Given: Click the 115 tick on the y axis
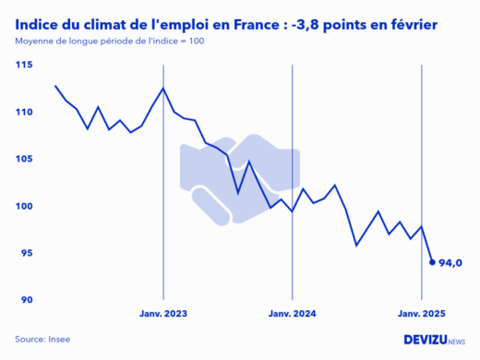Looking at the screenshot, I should pyautogui.click(x=25, y=65).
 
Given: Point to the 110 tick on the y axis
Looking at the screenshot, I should pyautogui.click(x=25, y=112).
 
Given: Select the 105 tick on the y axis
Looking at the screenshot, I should pyautogui.click(x=25, y=159).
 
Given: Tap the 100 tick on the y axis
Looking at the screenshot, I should pyautogui.click(x=25, y=206).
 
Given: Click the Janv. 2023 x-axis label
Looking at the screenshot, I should pyautogui.click(x=163, y=315).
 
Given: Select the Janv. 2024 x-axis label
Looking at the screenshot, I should pyautogui.click(x=293, y=315).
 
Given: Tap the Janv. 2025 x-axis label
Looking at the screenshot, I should pyautogui.click(x=422, y=315).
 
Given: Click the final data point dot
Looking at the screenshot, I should pyautogui.click(x=432, y=262).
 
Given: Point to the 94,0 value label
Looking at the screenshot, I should pyautogui.click(x=450, y=263).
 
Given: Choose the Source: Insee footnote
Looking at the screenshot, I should pyautogui.click(x=42, y=339).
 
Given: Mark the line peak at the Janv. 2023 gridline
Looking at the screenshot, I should pyautogui.click(x=163, y=88).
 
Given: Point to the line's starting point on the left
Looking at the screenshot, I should pyautogui.click(x=55, y=86).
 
